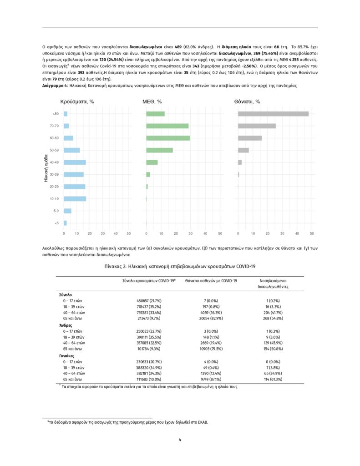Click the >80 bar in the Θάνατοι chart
click(x=273, y=114)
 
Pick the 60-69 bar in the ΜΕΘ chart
click(x=168, y=138)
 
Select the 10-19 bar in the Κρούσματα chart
click(x=75, y=198)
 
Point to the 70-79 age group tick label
click(x=54, y=126)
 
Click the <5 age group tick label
click(x=56, y=223)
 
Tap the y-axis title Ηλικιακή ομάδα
click(x=46, y=168)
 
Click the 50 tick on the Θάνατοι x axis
click(x=312, y=233)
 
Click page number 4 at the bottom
click(x=180, y=439)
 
